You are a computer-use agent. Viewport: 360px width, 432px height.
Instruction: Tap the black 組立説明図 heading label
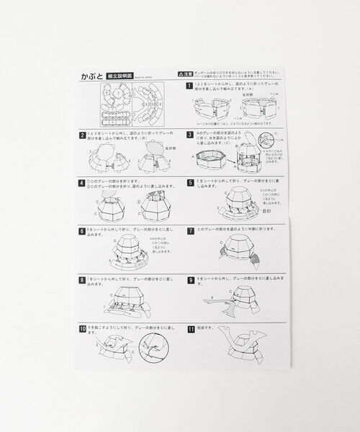click(120, 74)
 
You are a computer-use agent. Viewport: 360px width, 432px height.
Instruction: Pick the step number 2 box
click(83, 134)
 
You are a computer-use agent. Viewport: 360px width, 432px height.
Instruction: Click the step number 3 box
click(189, 134)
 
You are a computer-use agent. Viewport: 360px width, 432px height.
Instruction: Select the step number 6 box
click(83, 231)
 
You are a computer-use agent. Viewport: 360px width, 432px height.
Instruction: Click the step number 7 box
click(189, 231)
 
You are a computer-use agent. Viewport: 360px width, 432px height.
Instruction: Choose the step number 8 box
click(83, 279)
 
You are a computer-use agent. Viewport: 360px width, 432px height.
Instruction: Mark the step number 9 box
click(189, 279)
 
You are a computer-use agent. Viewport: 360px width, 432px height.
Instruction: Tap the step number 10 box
click(84, 328)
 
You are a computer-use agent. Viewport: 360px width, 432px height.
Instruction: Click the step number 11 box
click(189, 328)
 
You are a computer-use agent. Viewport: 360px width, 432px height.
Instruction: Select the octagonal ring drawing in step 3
click(210, 158)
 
